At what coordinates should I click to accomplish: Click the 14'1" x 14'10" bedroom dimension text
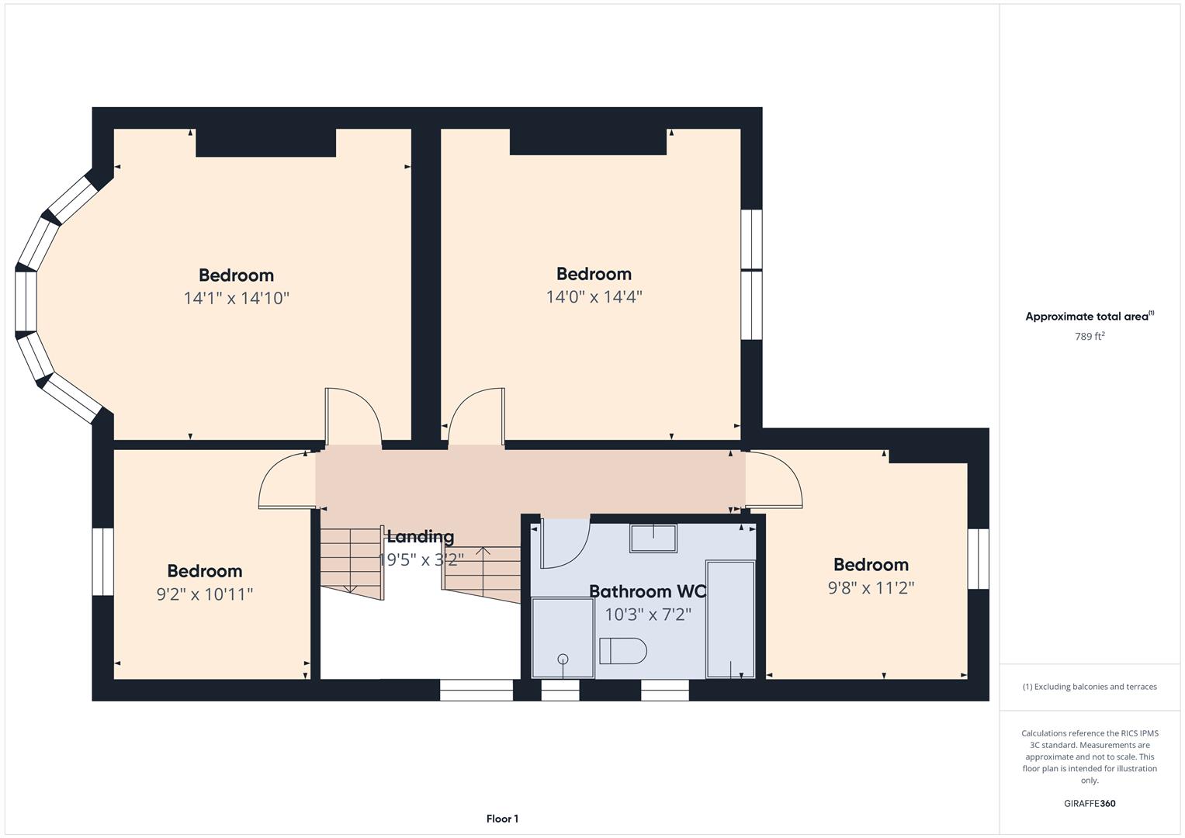pos(237,299)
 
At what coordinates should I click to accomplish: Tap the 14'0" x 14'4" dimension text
pos(594,296)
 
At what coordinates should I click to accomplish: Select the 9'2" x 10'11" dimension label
pos(205,594)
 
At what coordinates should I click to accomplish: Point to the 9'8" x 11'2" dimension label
pos(871,588)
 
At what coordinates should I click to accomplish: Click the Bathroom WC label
pos(647,591)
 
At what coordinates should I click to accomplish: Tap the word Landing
pos(421,536)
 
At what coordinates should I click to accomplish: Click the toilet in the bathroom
pos(622,651)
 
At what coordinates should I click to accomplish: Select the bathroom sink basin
pos(653,538)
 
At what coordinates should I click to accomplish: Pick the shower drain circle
pos(563,659)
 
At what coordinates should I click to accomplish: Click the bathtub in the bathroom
pos(730,619)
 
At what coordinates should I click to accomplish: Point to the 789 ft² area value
pos(1090,336)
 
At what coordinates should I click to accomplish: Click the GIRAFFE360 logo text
pos(1090,803)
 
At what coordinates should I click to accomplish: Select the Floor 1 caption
pos(502,819)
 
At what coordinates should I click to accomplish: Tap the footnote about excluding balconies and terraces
pos(1090,687)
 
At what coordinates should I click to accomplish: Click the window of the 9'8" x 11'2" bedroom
pos(978,559)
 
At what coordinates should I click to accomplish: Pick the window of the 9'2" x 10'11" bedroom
pos(102,561)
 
